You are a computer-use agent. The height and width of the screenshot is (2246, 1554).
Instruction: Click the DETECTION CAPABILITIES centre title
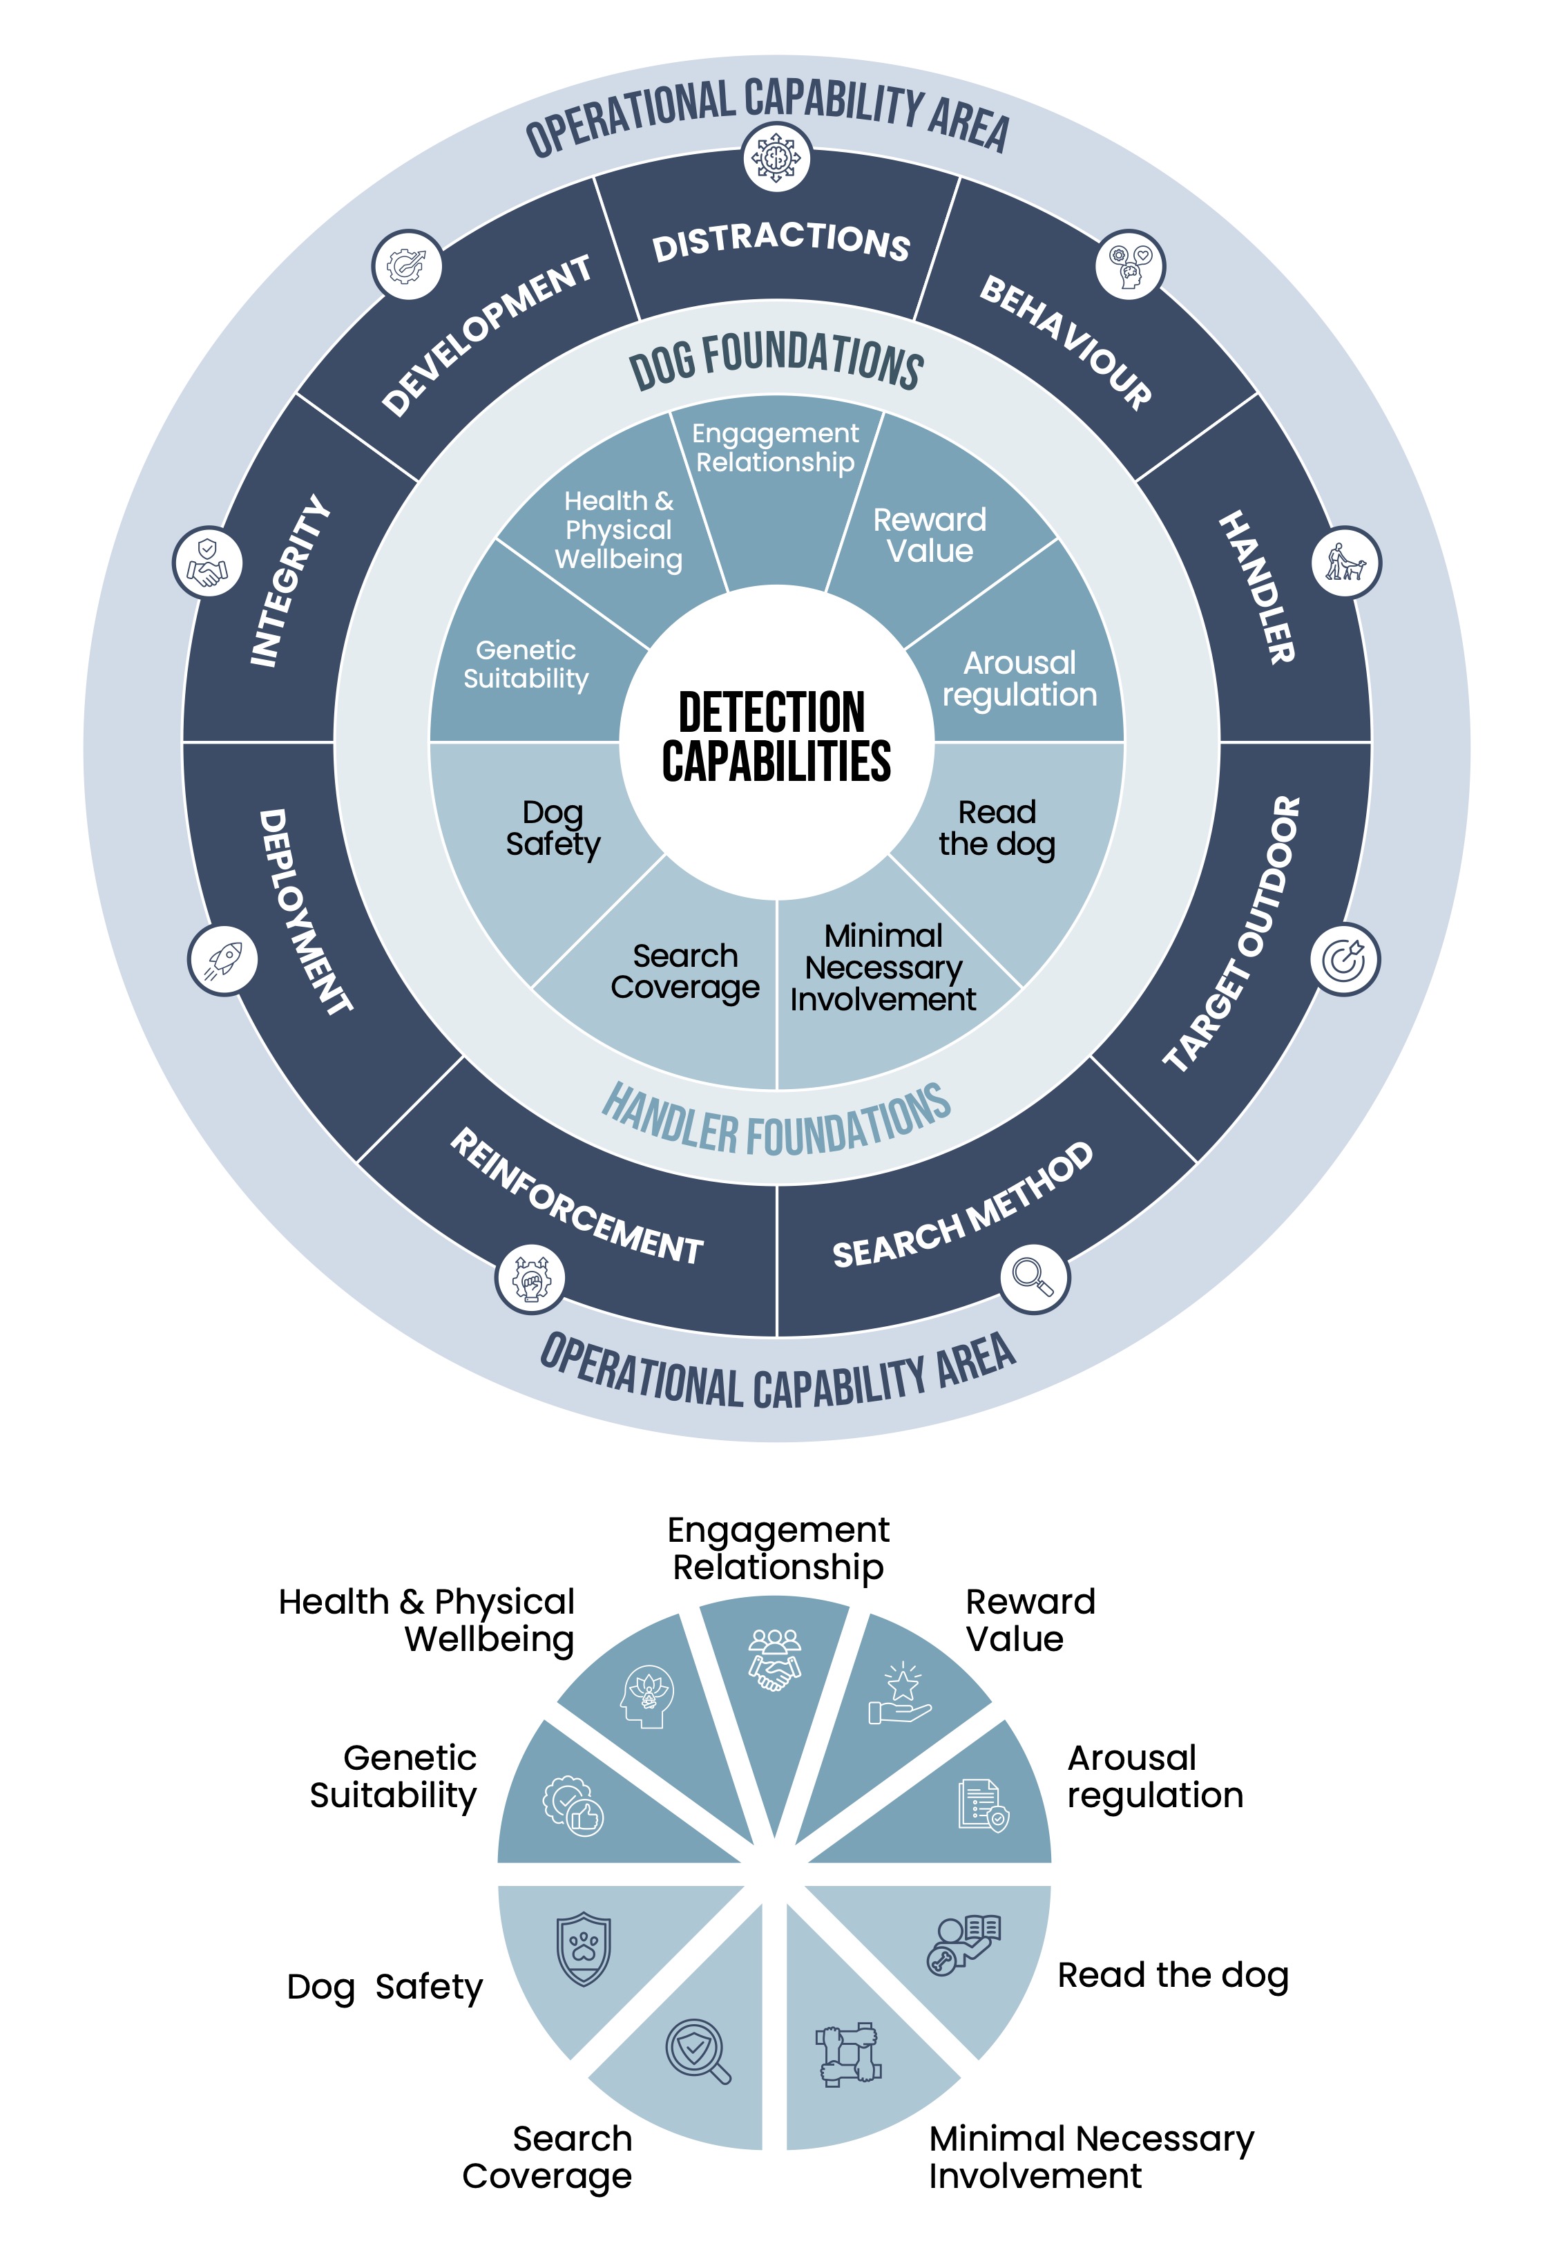(x=776, y=737)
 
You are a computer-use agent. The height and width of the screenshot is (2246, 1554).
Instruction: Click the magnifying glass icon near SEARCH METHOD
(x=1034, y=1277)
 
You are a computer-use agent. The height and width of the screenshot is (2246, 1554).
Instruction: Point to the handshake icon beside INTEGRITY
(x=207, y=563)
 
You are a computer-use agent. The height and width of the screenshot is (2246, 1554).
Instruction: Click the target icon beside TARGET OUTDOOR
(x=1345, y=961)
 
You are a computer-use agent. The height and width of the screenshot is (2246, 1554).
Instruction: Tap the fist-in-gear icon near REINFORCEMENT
(x=530, y=1278)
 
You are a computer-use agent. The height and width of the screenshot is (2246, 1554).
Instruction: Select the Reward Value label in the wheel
(x=929, y=535)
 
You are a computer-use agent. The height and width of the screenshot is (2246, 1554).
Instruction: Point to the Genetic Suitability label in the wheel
(x=526, y=664)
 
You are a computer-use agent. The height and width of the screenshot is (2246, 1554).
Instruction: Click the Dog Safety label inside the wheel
(x=553, y=828)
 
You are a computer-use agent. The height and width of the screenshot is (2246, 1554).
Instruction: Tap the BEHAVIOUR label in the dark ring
(x=1065, y=342)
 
